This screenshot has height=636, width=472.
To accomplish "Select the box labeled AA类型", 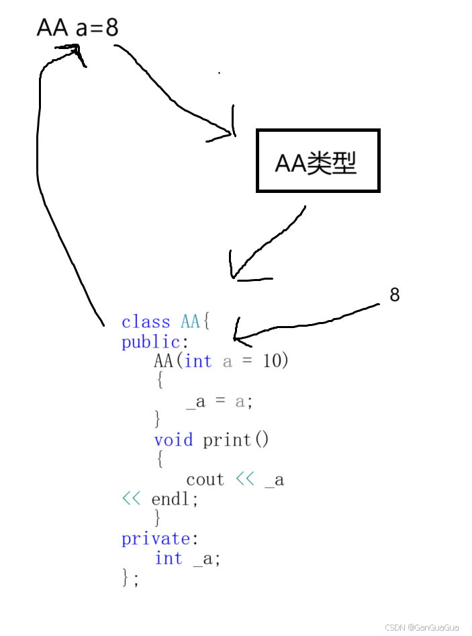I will (x=318, y=161).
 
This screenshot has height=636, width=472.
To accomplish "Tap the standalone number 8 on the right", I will (x=395, y=294).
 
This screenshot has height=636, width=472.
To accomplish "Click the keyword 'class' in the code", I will (x=146, y=322).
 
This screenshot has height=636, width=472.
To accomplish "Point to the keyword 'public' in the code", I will (x=150, y=342).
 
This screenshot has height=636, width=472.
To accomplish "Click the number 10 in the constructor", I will (x=272, y=361).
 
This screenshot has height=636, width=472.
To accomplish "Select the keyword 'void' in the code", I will (x=173, y=440).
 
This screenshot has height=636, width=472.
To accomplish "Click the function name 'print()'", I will (x=236, y=440).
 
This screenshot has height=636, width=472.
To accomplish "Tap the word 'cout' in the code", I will (x=205, y=479).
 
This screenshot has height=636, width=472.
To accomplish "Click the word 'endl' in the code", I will (x=172, y=500).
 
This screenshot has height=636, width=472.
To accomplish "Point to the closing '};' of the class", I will (x=130, y=578).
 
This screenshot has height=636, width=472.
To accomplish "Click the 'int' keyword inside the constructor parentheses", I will (x=198, y=361).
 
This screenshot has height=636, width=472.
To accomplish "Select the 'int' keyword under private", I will (x=169, y=558).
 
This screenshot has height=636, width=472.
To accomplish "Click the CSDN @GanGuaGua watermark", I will (x=422, y=627).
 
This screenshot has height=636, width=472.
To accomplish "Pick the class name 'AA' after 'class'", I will (x=190, y=322).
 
